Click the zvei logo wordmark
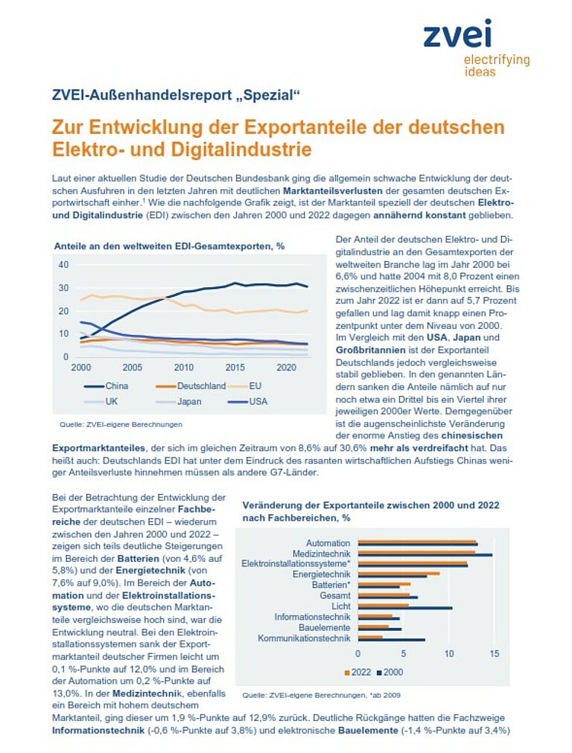pos(457,33)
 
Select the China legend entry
pos(106,386)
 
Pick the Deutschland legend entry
pos(191,386)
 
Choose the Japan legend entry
pos(178,402)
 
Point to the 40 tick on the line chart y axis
pos(63,265)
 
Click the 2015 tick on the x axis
pos(235,368)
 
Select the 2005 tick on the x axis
pos(132,368)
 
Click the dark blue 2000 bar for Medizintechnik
pos(425,555)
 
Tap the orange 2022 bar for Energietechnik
pos(398,573)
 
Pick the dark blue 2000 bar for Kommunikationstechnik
pos(391,640)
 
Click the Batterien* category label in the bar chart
pos(331,585)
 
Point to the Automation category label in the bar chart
pos(328,543)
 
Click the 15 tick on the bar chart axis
pos(494,653)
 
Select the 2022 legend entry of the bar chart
pos(358,673)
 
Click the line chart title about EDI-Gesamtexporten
pos(169,246)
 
